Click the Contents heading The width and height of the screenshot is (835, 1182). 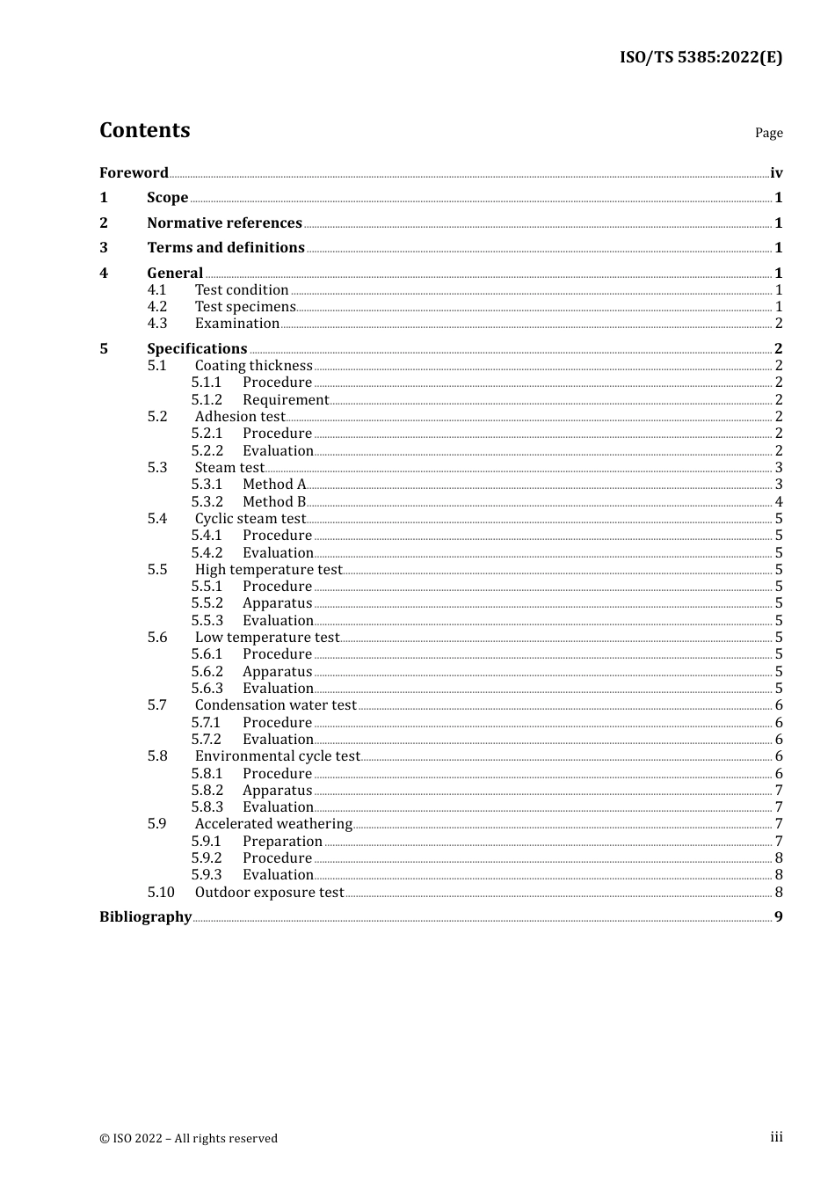tap(144, 130)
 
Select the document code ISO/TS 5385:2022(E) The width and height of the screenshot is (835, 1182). tap(701, 57)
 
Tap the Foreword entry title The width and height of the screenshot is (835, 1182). tap(134, 172)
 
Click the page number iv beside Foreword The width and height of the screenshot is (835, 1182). tap(776, 172)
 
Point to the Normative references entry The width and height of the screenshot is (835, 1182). tap(224, 223)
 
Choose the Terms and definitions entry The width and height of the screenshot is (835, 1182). tap(226, 247)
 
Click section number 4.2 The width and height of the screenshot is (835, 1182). tap(157, 306)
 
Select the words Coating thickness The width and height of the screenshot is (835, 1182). tap(253, 365)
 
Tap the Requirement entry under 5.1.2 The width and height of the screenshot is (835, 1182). tap(285, 399)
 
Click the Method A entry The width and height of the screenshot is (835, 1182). tap(274, 484)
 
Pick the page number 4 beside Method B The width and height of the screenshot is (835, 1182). tap(779, 501)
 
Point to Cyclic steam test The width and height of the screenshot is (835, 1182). tap(250, 518)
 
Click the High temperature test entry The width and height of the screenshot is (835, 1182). tap(268, 569)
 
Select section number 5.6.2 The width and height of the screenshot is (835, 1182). tap(207, 671)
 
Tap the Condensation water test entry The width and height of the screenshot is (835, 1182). tap(275, 704)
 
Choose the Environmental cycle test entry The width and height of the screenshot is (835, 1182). tap(277, 755)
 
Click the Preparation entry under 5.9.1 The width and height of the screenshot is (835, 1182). tap(282, 841)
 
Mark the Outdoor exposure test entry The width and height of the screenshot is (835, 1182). tap(269, 892)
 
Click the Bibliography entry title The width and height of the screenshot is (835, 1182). tap(145, 916)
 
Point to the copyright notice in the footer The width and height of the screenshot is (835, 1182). tap(188, 1138)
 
